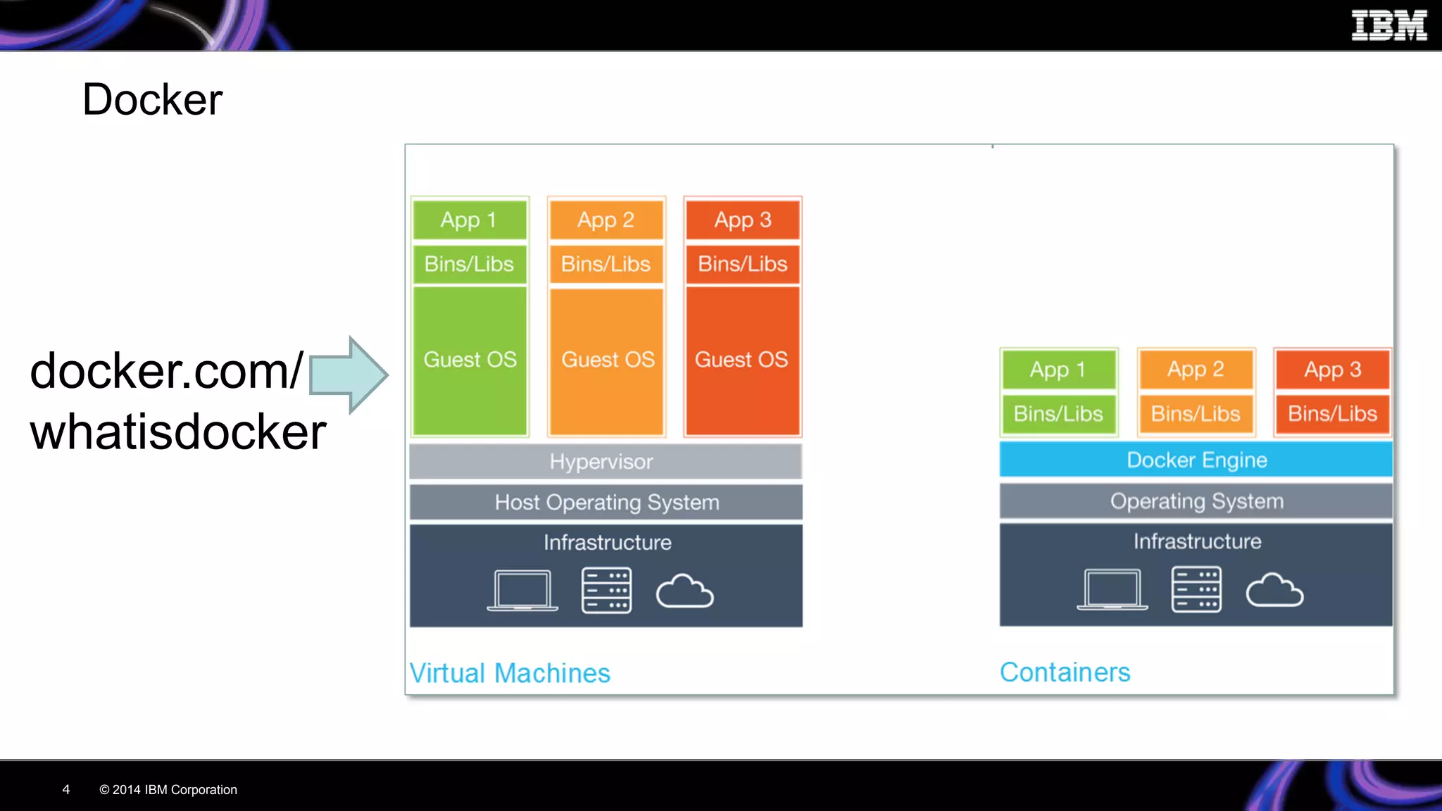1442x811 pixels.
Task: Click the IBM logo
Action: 1388,25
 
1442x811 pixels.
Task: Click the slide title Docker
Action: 152,99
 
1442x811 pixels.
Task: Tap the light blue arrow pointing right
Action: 349,375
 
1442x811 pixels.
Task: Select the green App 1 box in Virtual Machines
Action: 470,220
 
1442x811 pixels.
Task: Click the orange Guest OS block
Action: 607,360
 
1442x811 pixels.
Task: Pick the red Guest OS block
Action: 742,360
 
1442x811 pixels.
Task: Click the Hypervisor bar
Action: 606,462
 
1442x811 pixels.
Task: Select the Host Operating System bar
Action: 606,503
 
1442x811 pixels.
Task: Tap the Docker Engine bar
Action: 1196,460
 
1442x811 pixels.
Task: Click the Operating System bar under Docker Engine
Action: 1196,501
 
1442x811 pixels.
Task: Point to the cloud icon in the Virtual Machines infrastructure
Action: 684,591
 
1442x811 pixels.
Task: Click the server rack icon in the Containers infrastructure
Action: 1196,590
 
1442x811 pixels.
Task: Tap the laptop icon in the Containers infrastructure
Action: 1112,590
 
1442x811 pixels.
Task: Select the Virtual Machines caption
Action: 510,673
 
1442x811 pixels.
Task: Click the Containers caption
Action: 1065,672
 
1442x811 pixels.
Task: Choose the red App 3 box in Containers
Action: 1332,370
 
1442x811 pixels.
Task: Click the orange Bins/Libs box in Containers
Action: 1196,414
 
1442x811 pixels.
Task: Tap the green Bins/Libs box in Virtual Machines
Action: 470,264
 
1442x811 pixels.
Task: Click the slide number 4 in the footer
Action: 66,790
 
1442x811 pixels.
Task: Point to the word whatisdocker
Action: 177,432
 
